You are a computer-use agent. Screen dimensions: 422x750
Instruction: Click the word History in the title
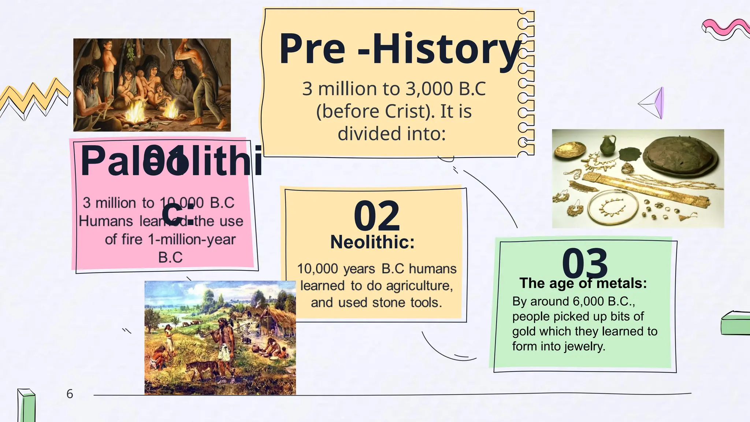[447, 49]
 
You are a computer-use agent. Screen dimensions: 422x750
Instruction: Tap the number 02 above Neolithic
[376, 216]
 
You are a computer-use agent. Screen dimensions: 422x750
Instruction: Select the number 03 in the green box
[585, 264]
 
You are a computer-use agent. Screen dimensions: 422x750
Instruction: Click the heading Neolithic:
[372, 242]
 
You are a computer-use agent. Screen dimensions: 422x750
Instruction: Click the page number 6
[70, 394]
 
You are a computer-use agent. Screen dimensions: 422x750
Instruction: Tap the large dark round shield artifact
[679, 154]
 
